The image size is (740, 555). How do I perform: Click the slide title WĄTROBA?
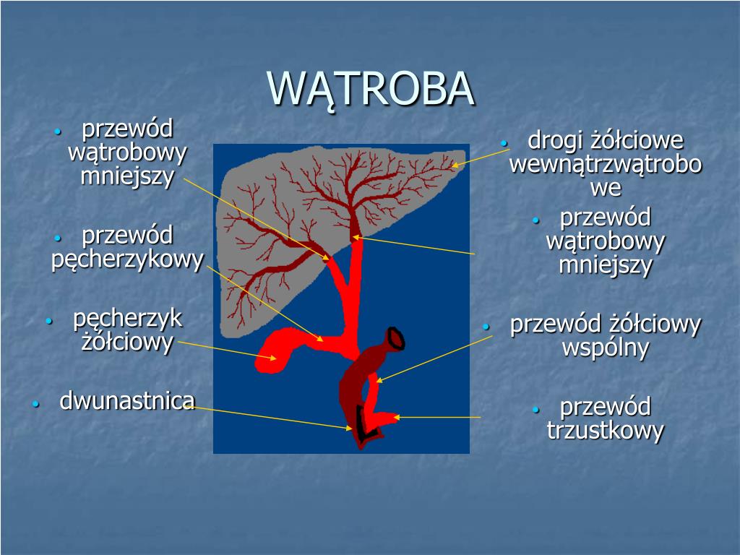[371, 90]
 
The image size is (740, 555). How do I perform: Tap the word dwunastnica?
[127, 400]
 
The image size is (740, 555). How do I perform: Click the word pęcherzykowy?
[127, 260]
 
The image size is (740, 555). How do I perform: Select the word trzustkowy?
[606, 431]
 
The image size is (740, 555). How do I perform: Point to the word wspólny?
[606, 348]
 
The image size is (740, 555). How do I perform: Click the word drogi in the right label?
[556, 140]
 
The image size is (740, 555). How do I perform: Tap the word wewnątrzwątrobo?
[606, 164]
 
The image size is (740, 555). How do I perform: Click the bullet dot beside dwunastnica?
[36, 404]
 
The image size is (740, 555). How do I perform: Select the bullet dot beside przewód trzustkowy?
[535, 409]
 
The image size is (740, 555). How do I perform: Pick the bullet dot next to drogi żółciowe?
[504, 143]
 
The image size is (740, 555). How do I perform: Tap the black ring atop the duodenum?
[395, 338]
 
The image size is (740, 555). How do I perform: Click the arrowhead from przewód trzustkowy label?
[397, 417]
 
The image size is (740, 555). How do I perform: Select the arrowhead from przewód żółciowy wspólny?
[379, 380]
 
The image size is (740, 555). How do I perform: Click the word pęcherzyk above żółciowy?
[127, 319]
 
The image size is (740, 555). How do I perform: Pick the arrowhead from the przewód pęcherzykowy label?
[320, 338]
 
